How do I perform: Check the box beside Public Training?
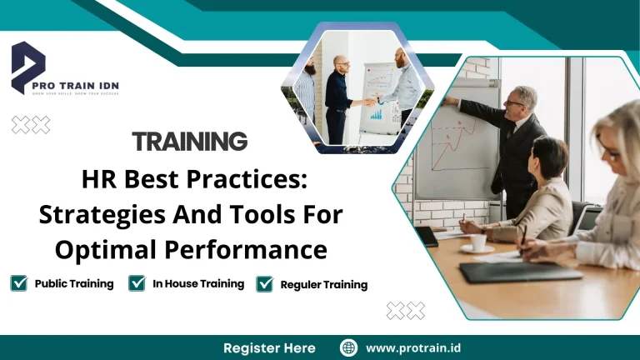(x=18, y=283)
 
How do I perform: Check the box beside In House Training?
(x=137, y=283)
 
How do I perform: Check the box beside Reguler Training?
(x=265, y=284)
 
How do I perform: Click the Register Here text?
(x=269, y=347)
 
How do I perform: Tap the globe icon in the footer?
(x=348, y=347)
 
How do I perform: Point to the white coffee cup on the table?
(x=478, y=242)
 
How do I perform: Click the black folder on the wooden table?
(x=521, y=272)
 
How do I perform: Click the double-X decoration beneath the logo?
(x=31, y=125)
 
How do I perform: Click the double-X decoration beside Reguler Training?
(x=406, y=311)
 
